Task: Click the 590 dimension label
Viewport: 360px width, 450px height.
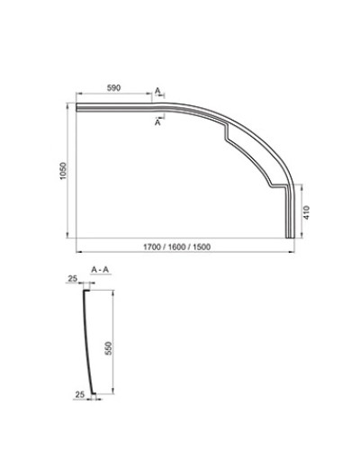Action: (x=114, y=89)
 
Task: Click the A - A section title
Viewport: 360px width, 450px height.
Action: (x=101, y=269)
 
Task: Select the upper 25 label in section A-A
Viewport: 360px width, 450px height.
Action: (x=71, y=280)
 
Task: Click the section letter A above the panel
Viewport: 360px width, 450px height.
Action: (x=157, y=92)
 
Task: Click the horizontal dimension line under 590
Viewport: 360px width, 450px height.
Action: (x=114, y=95)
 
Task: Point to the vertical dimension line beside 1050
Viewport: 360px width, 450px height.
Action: (x=69, y=171)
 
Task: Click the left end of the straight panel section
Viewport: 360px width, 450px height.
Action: (x=79, y=109)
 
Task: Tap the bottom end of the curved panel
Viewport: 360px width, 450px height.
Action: (x=290, y=235)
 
